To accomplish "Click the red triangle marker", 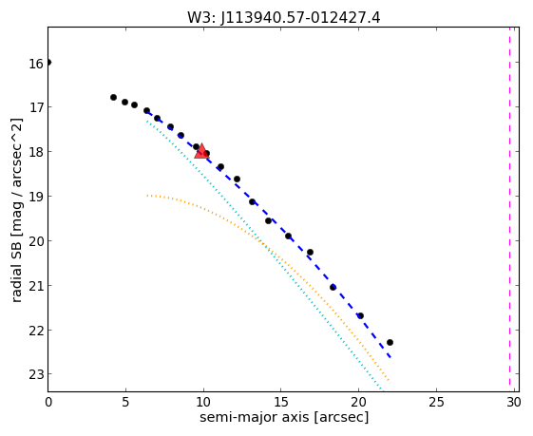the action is click(201, 151).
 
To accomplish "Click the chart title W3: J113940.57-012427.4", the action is click(283, 18).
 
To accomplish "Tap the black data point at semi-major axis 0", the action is click(48, 62).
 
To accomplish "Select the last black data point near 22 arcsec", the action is click(390, 342).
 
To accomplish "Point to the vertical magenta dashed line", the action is click(509, 206).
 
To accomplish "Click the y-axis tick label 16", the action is click(36, 64).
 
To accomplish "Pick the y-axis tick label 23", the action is click(36, 375).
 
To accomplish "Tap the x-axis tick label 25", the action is click(436, 403).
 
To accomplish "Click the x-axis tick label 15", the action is click(281, 403).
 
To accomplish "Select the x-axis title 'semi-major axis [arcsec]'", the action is click(284, 417).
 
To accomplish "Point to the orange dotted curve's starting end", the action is click(147, 196).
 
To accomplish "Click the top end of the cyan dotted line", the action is click(147, 121).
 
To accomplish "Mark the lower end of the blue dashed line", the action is click(390, 357).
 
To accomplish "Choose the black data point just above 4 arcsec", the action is click(113, 97).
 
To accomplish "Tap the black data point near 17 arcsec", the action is click(310, 252).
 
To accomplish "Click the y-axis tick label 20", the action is click(36, 241).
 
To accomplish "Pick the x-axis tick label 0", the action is click(48, 403).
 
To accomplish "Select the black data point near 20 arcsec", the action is click(360, 315).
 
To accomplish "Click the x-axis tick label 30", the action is click(514, 403).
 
